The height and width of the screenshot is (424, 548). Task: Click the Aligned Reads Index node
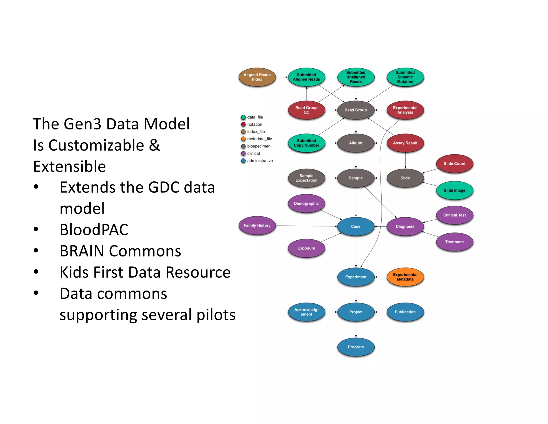point(257,77)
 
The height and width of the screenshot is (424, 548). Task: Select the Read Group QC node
point(306,110)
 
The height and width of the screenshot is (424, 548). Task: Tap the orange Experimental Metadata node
point(405,277)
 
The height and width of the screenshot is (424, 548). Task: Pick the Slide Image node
point(454,190)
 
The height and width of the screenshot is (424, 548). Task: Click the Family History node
point(257,225)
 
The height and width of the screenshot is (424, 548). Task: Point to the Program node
point(356,347)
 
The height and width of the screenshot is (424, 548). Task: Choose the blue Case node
point(356,226)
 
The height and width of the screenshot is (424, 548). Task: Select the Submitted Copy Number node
point(306,143)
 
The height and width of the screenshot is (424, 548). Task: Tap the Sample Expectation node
point(306,178)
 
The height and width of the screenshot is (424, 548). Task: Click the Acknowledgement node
point(306,312)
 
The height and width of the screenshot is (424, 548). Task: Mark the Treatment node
point(454,242)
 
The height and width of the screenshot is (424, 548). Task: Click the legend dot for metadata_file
point(243,139)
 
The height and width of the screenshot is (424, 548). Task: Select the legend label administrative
point(260,161)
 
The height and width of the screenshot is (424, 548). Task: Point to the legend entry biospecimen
point(259,146)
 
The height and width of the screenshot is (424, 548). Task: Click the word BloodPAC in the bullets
point(94,230)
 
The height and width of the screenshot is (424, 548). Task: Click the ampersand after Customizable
point(154,145)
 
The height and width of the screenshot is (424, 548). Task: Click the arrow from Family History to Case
point(306,226)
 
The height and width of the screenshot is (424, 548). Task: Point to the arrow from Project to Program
point(356,330)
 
